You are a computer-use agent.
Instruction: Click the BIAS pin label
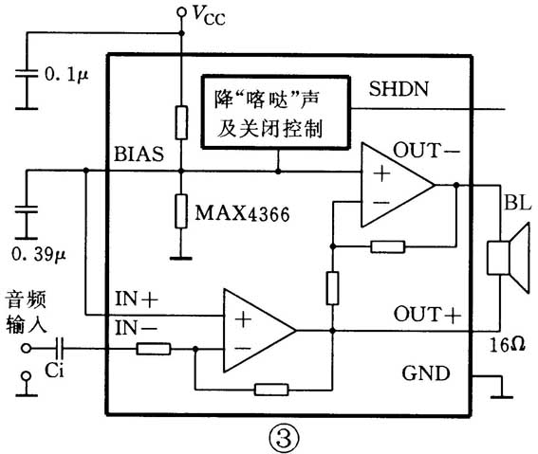[139, 153]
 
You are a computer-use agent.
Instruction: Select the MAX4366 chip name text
[241, 213]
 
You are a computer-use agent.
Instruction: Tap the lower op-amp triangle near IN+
[255, 331]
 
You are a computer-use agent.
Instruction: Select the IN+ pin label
[138, 300]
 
